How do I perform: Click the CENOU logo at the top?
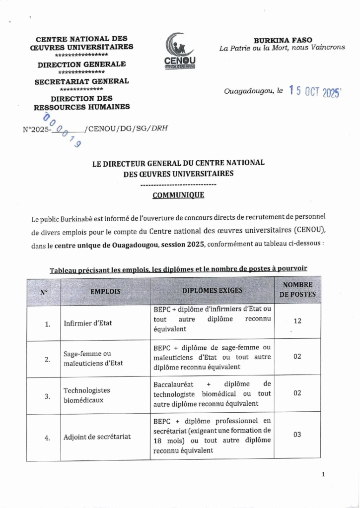tap(180, 51)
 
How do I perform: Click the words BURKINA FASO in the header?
tap(283, 40)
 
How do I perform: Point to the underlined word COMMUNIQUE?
tap(178, 195)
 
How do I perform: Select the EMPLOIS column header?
tap(105, 292)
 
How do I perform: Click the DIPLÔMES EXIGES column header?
tap(212, 290)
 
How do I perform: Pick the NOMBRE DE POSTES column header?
tap(297, 289)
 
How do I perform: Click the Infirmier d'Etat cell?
tap(88, 323)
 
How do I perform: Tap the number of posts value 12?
tap(297, 321)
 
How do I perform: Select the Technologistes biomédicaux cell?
tap(87, 395)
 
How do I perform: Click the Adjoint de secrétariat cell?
tap(97, 437)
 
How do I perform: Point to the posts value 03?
tap(297, 435)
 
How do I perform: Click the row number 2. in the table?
tap(47, 359)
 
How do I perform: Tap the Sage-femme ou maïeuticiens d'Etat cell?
tap(93, 358)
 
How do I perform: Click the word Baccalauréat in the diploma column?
tap(174, 384)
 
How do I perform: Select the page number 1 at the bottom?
tap(323, 474)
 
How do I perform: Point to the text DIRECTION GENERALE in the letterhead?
tap(81, 64)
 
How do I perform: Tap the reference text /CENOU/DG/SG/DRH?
tap(126, 128)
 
